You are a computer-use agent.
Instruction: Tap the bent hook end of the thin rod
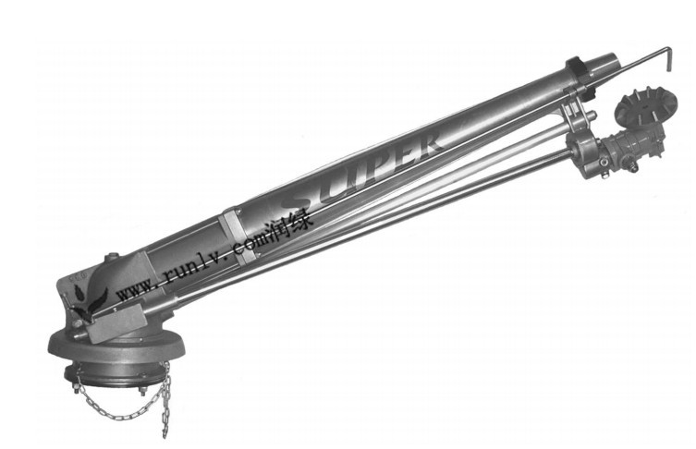click(668, 60)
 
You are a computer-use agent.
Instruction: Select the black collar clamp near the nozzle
click(577, 66)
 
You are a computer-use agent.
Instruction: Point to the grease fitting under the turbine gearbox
click(629, 167)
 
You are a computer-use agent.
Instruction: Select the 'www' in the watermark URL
click(135, 292)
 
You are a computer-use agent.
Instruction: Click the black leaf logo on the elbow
click(90, 302)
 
